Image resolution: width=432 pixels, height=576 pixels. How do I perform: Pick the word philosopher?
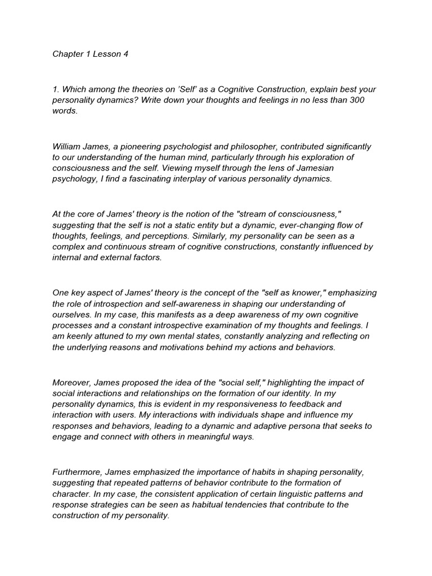pos(252,146)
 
